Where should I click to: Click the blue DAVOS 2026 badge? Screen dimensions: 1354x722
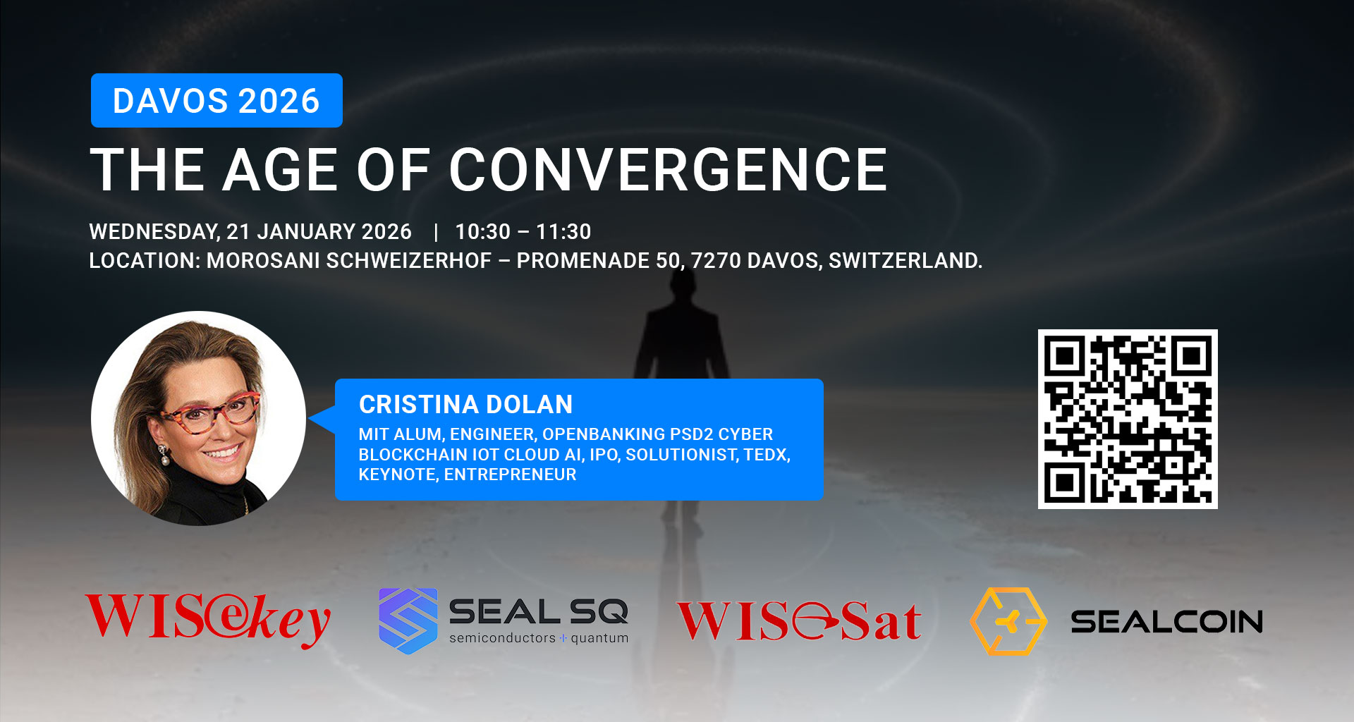tap(216, 100)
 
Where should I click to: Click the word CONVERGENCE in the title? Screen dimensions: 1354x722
tap(669, 170)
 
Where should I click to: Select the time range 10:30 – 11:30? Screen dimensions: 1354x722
tap(523, 232)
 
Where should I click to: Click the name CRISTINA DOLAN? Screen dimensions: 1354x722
tap(466, 405)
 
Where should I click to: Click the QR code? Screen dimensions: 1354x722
tap(1128, 419)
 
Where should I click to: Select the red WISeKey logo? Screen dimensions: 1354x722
tap(208, 619)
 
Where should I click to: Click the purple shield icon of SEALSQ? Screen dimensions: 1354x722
tap(408, 620)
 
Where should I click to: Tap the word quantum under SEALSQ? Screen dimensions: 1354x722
tap(599, 638)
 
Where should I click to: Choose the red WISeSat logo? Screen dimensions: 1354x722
tap(799, 620)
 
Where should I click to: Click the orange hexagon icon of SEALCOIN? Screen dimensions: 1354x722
tap(1008, 621)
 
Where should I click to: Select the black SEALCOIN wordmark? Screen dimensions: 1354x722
tap(1167, 622)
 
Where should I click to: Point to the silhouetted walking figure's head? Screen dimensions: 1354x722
tap(682, 285)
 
